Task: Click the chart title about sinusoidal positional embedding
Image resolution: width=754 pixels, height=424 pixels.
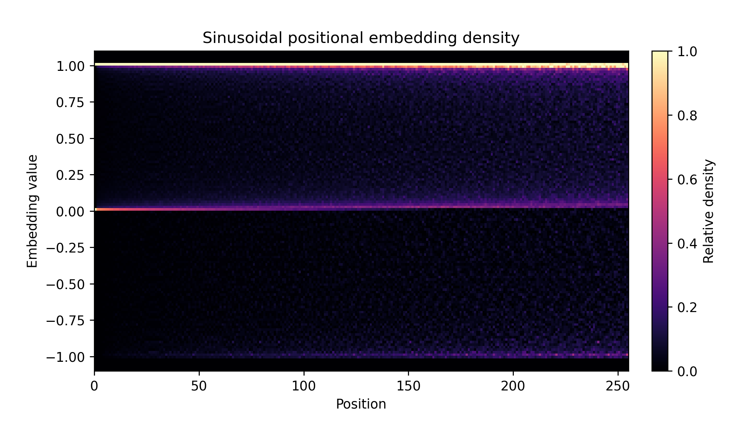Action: [x=361, y=38]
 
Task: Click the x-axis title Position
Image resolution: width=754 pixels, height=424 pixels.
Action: [x=361, y=404]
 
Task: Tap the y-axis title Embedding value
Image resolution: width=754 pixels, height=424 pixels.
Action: [x=32, y=211]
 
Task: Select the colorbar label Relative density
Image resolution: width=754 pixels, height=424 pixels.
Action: [x=709, y=211]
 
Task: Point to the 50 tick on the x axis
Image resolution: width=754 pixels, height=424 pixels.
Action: [x=199, y=386]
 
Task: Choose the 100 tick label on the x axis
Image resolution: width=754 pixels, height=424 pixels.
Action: [x=303, y=386]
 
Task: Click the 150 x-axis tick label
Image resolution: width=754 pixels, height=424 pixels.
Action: [x=408, y=386]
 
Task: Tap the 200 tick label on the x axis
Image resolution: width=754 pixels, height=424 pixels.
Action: [x=513, y=386]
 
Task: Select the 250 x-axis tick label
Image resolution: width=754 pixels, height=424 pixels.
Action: [x=618, y=386]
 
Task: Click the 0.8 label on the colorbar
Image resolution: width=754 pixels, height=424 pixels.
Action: [x=687, y=116]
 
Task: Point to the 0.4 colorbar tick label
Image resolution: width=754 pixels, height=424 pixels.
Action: [x=687, y=244]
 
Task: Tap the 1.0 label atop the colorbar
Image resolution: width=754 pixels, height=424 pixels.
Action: [x=687, y=52]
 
